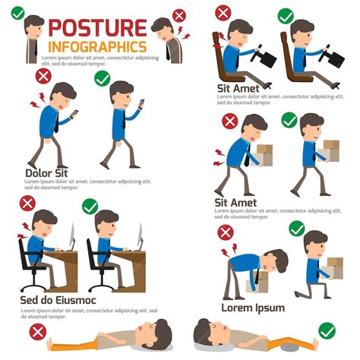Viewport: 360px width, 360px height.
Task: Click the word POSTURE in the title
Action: [x=96, y=29]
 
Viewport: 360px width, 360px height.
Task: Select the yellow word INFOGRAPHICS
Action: [x=96, y=47]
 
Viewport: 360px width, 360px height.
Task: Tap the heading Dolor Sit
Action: [x=46, y=172]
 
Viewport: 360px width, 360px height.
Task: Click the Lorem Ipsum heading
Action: [x=253, y=308]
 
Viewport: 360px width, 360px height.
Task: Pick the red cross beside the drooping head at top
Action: [x=179, y=15]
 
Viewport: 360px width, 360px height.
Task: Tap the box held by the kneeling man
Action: [x=334, y=266]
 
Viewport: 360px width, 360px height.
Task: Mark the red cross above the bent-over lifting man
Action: [x=226, y=232]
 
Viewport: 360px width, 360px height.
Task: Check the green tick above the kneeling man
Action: [x=296, y=229]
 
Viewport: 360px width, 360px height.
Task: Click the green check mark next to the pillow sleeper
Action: [x=327, y=330]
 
